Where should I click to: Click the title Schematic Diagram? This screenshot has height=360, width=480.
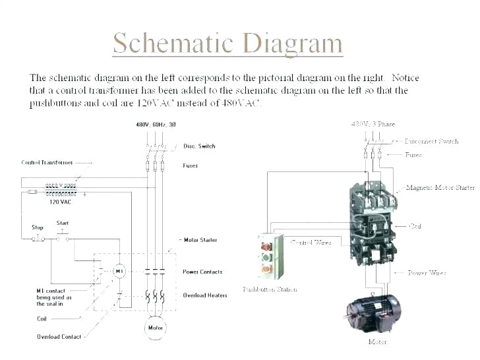click(x=227, y=43)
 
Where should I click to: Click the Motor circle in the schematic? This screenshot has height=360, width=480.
click(x=156, y=327)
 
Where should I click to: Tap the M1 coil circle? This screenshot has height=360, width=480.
click(x=119, y=271)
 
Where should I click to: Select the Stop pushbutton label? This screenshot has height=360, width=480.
click(x=38, y=227)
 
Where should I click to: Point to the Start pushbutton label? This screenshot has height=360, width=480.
click(x=63, y=223)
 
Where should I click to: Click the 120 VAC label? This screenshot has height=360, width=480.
click(x=60, y=202)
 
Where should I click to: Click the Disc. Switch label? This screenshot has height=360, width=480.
click(x=199, y=146)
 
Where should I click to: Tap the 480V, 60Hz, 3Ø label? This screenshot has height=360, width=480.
click(x=156, y=125)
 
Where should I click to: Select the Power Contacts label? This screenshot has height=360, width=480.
click(x=202, y=272)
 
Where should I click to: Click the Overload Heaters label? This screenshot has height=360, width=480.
click(x=204, y=295)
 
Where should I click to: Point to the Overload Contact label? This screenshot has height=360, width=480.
click(x=59, y=337)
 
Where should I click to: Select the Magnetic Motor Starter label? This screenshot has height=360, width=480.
click(x=440, y=188)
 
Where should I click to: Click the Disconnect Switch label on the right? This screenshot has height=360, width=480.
click(x=431, y=141)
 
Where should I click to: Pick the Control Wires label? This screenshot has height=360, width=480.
click(x=311, y=243)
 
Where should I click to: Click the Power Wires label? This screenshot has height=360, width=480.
click(x=427, y=273)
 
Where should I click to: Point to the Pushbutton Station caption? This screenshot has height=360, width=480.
click(x=270, y=289)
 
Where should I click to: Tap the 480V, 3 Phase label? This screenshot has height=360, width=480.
click(x=373, y=124)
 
